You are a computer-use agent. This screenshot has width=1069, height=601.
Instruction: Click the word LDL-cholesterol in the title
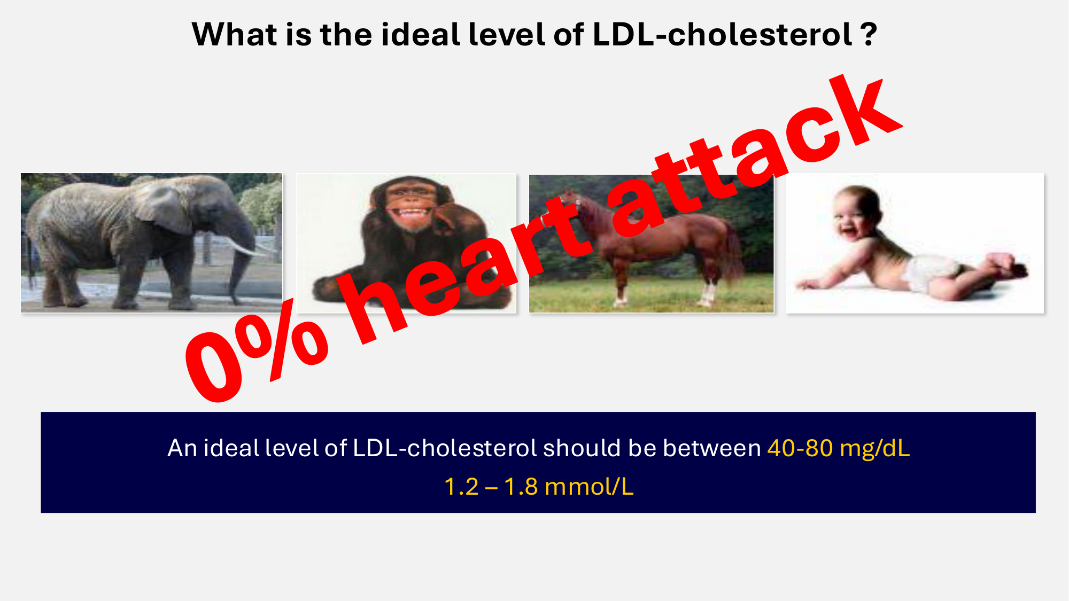pos(723,35)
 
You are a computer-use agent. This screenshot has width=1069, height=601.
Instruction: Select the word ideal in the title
pos(421,35)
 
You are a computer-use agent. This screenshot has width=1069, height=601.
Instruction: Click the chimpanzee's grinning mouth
pos(410,214)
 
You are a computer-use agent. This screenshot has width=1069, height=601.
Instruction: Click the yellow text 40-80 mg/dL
pos(838,448)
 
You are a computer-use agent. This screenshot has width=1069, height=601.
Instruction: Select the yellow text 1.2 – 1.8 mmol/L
pos(539,486)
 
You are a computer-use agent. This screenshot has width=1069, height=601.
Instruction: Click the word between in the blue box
pos(711,448)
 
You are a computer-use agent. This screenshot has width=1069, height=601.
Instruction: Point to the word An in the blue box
pos(182,448)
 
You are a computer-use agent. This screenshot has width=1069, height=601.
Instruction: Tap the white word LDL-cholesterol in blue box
pos(445,448)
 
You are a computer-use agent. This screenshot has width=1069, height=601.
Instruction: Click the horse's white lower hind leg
pos(708,294)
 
